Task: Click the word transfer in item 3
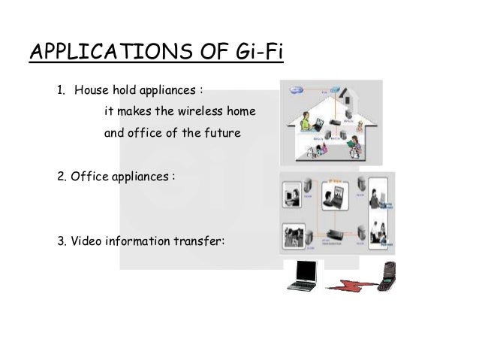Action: (x=198, y=241)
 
